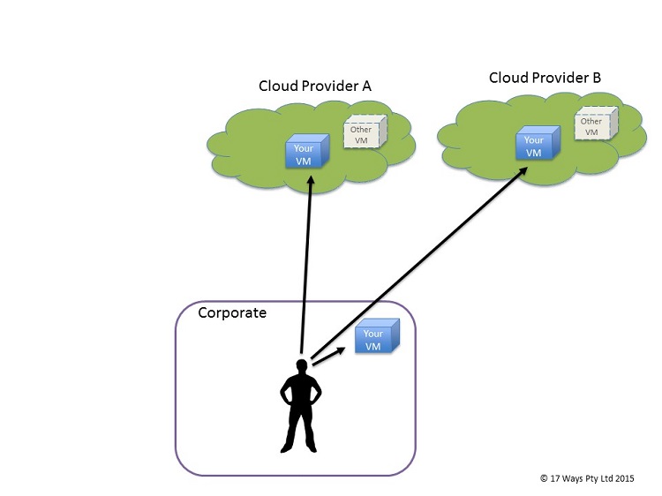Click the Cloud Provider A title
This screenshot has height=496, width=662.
(314, 86)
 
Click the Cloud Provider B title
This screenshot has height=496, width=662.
(545, 79)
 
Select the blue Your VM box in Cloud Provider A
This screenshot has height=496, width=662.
(305, 153)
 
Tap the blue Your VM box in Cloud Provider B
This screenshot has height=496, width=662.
(535, 146)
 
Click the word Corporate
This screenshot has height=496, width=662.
(232, 312)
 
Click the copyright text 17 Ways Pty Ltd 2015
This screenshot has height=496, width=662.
(586, 477)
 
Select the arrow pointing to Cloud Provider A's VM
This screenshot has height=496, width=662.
(306, 265)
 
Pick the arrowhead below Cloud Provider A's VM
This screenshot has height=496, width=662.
(311, 180)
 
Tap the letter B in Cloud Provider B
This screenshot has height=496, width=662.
(597, 79)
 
